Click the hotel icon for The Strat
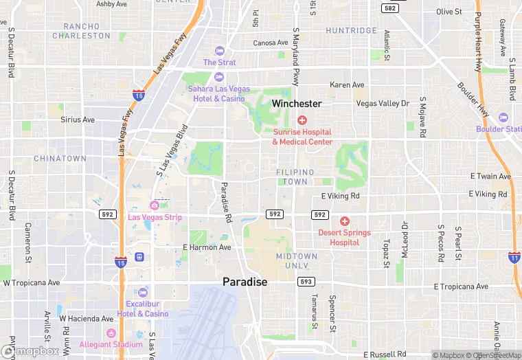click(219, 50)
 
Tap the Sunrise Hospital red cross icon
click(302, 120)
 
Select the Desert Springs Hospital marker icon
click(345, 221)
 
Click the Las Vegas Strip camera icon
click(155, 205)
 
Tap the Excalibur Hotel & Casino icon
click(143, 292)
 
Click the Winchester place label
click(296, 104)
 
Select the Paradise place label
click(245, 282)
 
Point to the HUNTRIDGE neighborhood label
click(351, 31)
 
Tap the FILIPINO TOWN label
click(295, 177)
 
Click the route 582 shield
click(390, 8)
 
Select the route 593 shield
click(306, 282)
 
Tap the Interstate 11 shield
click(514, 257)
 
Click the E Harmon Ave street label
click(207, 247)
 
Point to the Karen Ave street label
click(347, 85)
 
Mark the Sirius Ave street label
click(78, 120)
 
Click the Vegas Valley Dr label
click(383, 103)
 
